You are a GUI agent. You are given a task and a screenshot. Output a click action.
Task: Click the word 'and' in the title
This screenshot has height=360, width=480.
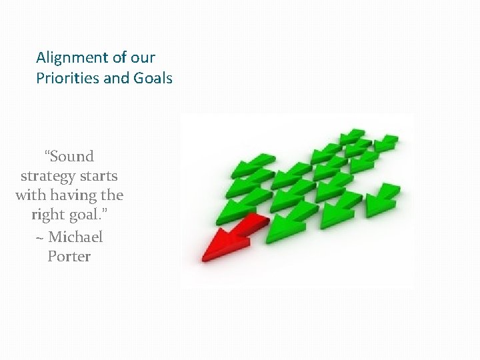pos(117,79)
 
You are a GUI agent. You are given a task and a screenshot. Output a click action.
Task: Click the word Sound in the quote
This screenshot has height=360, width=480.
pos(72,157)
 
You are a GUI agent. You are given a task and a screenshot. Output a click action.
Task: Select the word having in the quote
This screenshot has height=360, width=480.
pos(74,196)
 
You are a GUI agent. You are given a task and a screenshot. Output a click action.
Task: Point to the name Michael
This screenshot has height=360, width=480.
pos(75,237)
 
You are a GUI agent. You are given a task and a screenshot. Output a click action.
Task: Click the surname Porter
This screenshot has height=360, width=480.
pos(69,256)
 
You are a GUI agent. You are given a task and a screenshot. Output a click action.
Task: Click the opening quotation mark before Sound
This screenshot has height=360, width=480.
pos(47,153)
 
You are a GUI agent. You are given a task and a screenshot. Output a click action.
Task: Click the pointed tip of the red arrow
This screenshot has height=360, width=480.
pos(203,256)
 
